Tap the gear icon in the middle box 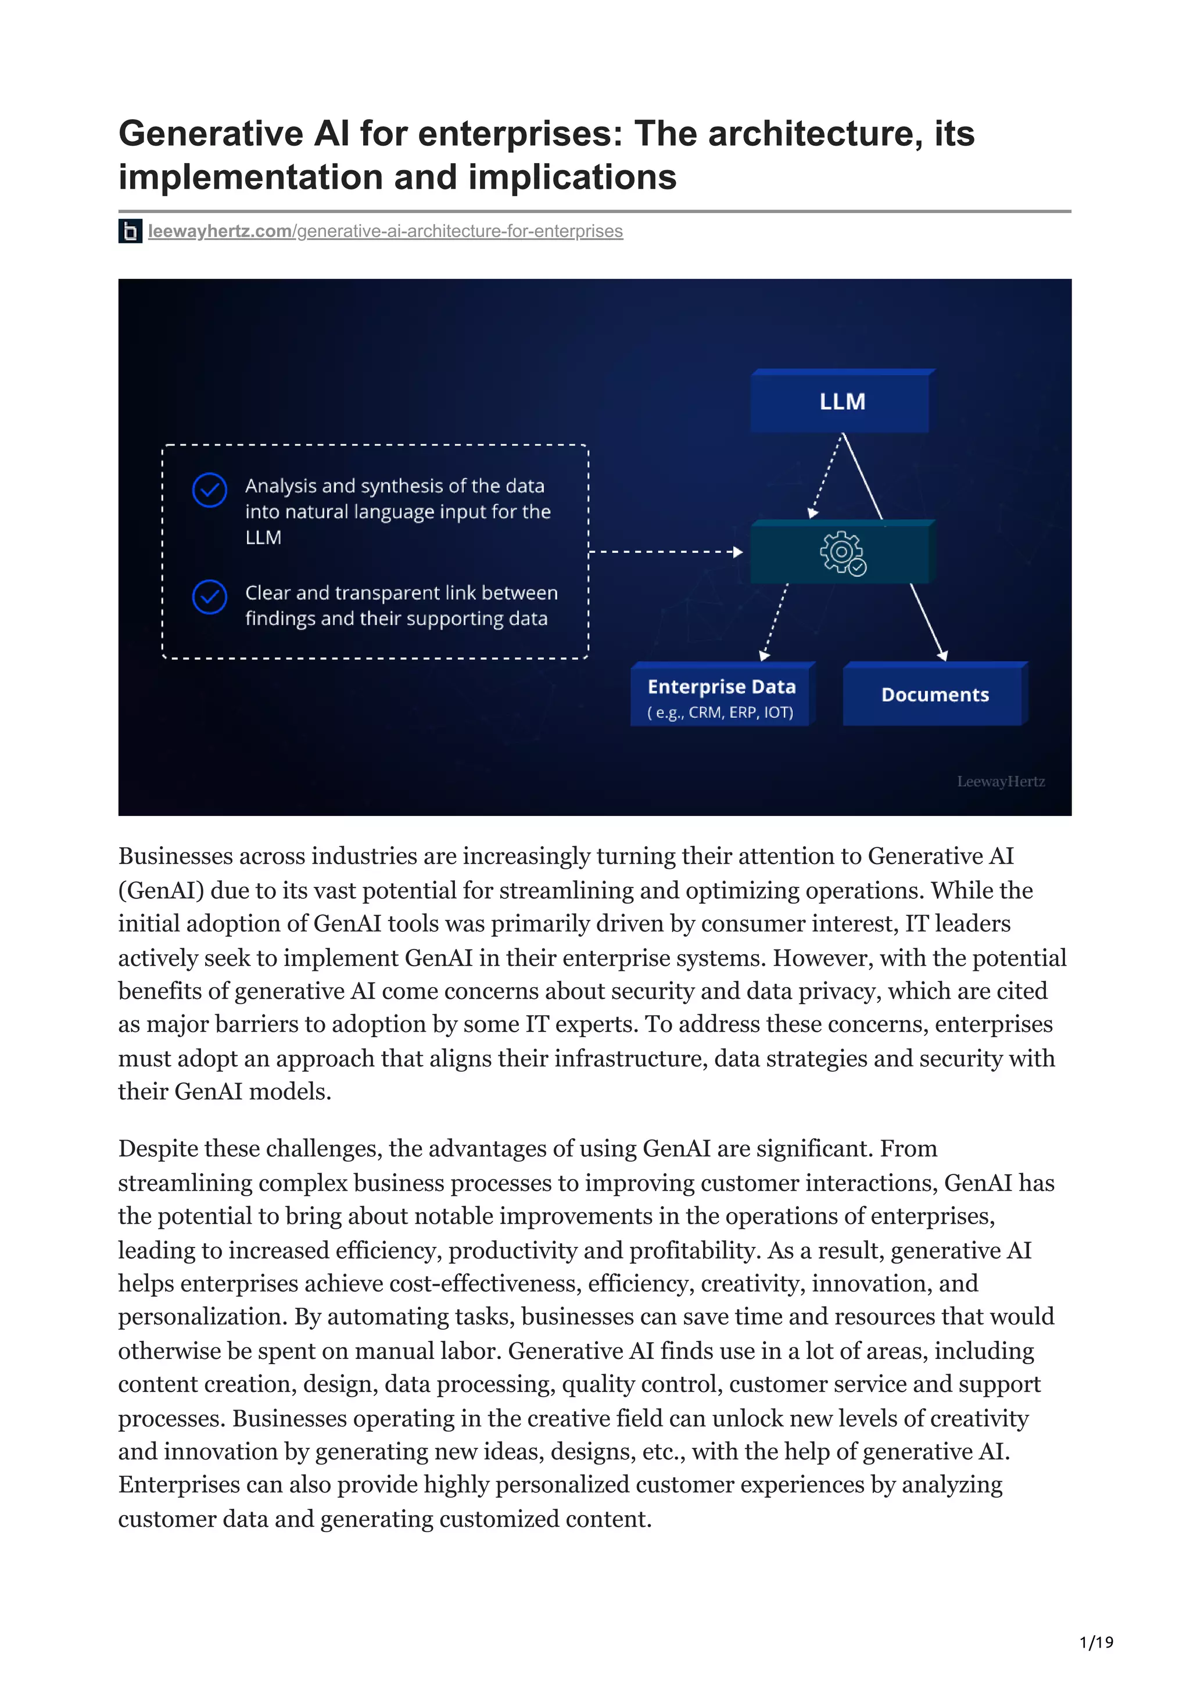841,551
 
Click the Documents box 934,694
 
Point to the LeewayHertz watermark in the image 1000,782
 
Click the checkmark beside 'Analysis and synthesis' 210,490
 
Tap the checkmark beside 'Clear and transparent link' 210,596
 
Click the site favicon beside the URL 131,232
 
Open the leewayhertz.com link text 220,231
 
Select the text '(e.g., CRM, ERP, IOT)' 720,713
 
